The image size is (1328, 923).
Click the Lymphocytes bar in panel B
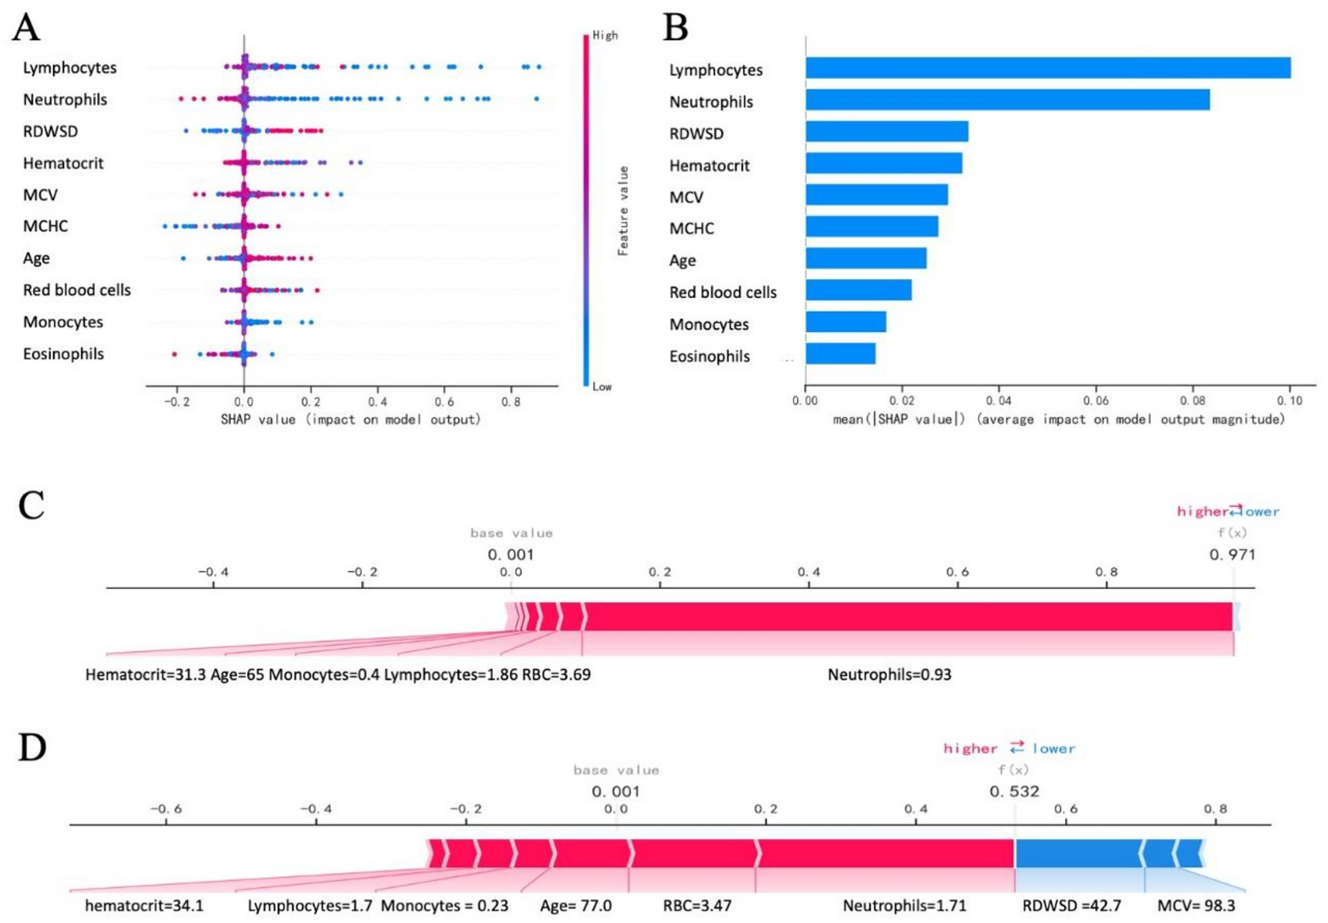click(x=1047, y=68)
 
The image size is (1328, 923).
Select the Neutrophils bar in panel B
click(x=1007, y=100)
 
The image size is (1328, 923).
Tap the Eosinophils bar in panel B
click(x=840, y=354)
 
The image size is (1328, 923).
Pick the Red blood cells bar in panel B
click(x=858, y=290)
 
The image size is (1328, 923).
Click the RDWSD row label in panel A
click(x=50, y=131)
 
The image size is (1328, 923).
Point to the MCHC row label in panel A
click(x=45, y=226)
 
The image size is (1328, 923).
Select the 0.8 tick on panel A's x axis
click(x=511, y=401)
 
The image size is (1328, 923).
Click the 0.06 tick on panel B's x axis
click(x=1096, y=401)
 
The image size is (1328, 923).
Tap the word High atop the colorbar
click(x=605, y=35)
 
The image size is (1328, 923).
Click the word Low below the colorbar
click(x=602, y=386)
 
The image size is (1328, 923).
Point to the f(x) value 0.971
click(x=1232, y=555)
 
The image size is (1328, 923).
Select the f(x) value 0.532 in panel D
click(x=1014, y=792)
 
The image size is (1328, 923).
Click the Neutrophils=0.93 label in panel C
click(x=889, y=675)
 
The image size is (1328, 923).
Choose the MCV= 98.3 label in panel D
click(x=1196, y=906)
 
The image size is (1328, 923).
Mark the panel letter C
click(x=31, y=506)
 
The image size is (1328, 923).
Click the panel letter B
click(x=675, y=27)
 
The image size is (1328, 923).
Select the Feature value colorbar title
click(x=623, y=211)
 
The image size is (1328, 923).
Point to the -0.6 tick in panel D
click(x=166, y=809)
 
